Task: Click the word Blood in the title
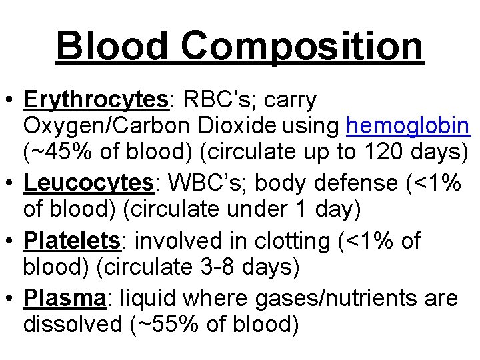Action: (x=111, y=46)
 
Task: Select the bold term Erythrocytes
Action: (x=96, y=101)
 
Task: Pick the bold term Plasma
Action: (x=65, y=299)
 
